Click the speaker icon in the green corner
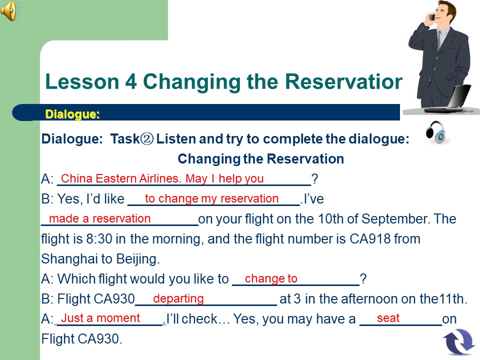pos(8,10)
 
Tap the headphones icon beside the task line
pos(435,132)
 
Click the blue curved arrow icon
pos(459,341)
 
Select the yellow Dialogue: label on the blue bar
pos(72,114)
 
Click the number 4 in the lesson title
pos(130,81)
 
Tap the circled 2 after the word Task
pos(147,139)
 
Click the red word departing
pos(178,298)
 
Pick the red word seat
pos(388,318)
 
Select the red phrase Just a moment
pos(100,318)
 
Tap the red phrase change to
pos(271,278)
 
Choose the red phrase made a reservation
pos(100,218)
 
